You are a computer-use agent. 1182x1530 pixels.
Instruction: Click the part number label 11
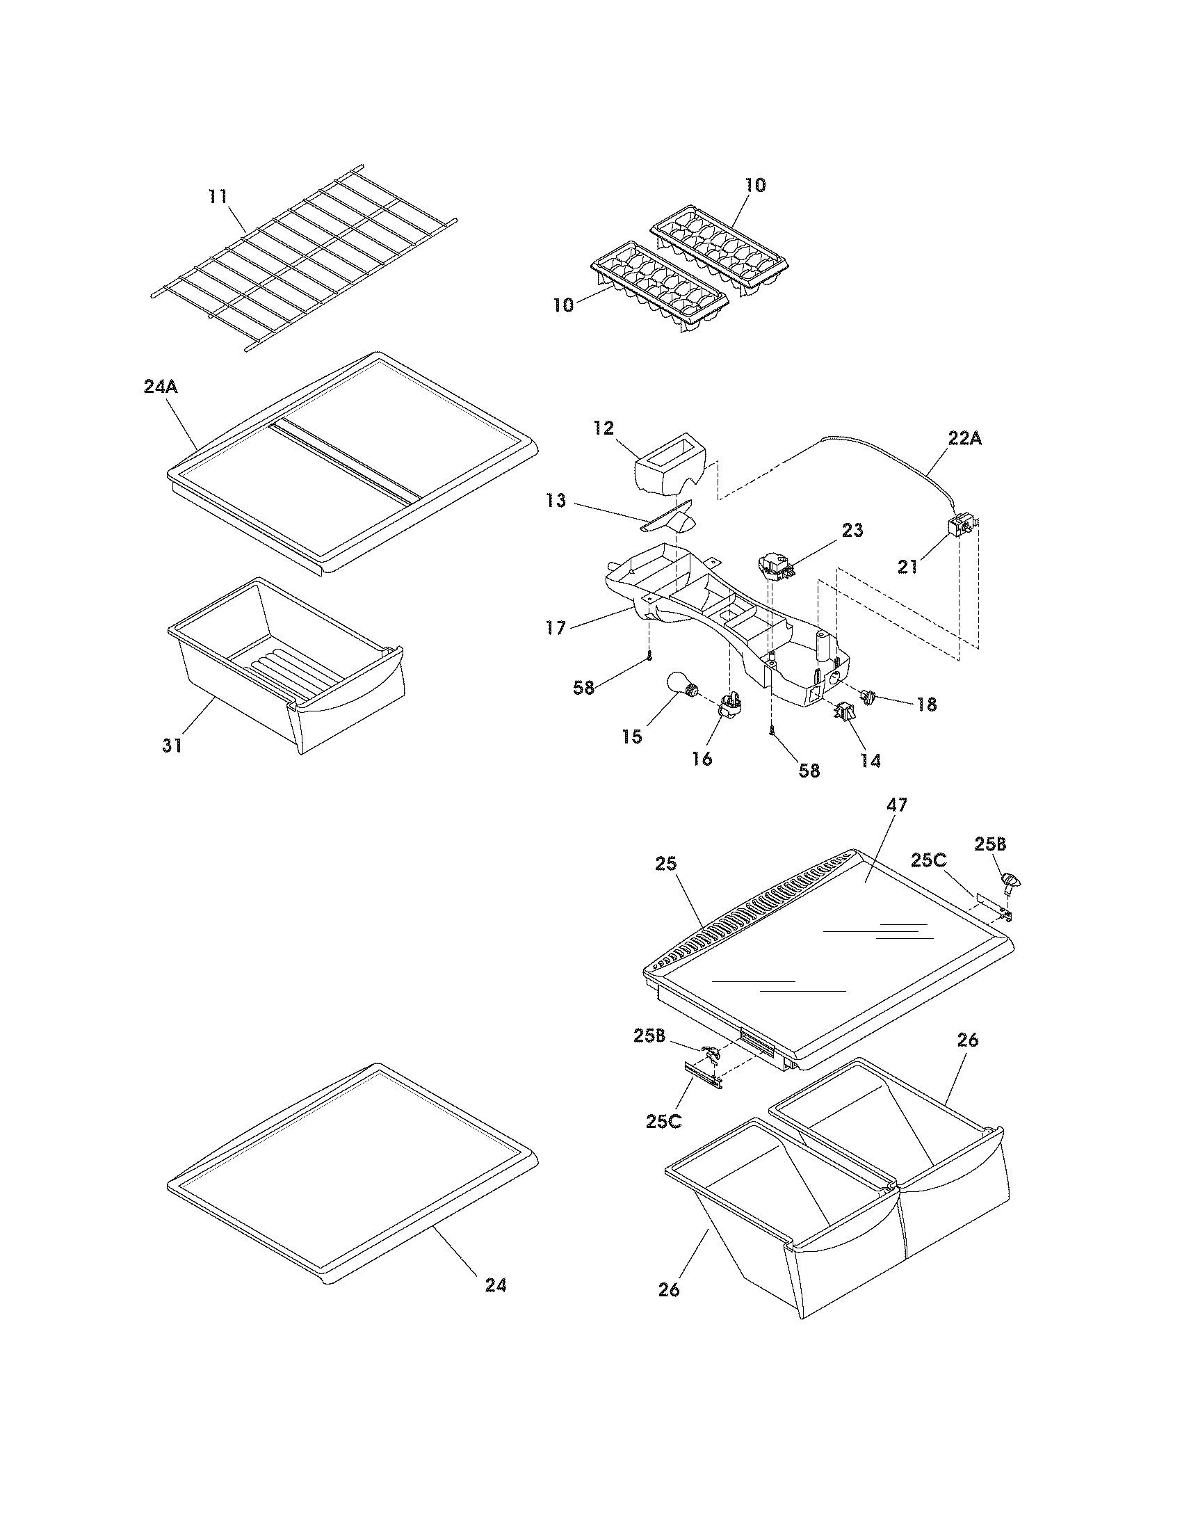[x=218, y=196]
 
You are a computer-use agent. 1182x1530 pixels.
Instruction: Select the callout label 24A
[x=161, y=386]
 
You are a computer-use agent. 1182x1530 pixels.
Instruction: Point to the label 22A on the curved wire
[x=964, y=440]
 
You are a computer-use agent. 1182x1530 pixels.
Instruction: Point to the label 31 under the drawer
[x=172, y=746]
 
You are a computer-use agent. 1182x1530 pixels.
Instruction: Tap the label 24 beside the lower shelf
[x=495, y=1285]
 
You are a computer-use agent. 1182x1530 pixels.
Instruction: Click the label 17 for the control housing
[x=556, y=629]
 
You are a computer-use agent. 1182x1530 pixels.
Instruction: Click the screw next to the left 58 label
[x=650, y=656]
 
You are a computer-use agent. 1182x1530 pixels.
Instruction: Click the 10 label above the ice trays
[x=755, y=186]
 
